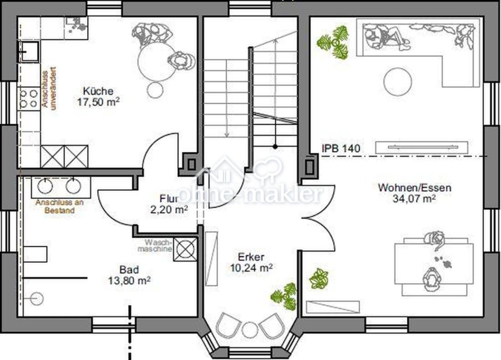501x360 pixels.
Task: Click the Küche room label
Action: [98, 91]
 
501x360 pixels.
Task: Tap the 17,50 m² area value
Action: [98, 102]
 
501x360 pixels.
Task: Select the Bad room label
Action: [129, 270]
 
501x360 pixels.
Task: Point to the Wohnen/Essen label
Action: [415, 188]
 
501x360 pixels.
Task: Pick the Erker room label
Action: [251, 257]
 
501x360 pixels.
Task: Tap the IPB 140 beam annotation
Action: [341, 148]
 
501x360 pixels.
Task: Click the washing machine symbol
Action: [185, 249]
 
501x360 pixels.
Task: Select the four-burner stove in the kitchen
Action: [29, 99]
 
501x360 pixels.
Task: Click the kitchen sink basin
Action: [29, 52]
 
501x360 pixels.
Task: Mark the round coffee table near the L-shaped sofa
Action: [397, 82]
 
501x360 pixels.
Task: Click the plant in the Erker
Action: [284, 297]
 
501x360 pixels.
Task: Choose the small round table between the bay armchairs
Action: [250, 330]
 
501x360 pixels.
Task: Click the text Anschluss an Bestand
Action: [60, 206]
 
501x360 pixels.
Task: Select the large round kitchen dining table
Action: [156, 62]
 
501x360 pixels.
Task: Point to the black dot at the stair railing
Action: [275, 147]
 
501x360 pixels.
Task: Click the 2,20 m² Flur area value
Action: [169, 210]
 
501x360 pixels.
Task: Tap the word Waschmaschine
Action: [155, 246]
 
